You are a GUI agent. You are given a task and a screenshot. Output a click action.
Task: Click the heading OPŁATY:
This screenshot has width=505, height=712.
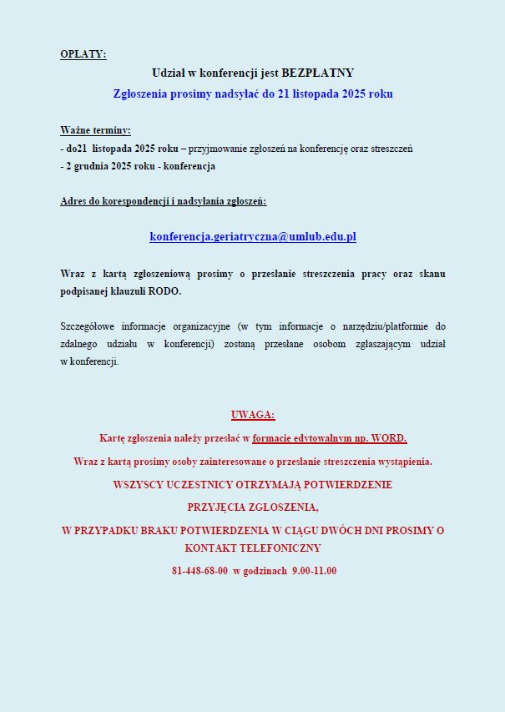[83, 55]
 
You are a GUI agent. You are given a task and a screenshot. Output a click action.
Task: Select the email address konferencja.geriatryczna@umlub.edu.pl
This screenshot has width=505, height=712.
[253, 237]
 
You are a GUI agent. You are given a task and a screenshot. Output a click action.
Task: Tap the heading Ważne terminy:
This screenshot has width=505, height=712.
[95, 131]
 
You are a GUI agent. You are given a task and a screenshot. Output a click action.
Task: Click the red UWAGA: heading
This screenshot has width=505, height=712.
[253, 415]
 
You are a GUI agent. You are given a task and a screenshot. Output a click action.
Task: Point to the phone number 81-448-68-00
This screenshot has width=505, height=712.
[199, 571]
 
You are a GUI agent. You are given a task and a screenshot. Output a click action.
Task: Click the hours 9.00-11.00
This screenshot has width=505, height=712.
[314, 571]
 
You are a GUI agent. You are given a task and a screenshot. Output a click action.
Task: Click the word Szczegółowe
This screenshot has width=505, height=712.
[86, 326]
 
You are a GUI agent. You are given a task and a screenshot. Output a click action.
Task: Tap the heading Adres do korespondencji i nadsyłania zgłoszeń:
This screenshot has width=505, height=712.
[164, 201]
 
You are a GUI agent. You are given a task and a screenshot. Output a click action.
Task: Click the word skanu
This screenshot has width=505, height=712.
[430, 274]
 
